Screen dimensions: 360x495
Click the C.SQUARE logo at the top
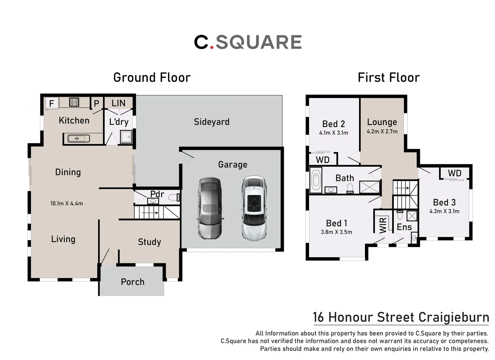(248, 42)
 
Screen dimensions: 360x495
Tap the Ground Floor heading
(152, 78)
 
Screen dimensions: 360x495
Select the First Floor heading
(388, 78)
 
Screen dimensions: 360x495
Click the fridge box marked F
(52, 103)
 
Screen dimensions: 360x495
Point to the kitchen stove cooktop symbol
(74, 102)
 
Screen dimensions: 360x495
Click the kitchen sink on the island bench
(78, 138)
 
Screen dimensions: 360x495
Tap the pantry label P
(96, 104)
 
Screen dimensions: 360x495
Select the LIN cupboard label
(118, 103)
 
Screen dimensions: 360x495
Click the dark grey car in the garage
(210, 208)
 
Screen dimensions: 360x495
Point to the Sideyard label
(212, 122)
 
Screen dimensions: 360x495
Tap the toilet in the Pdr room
(174, 198)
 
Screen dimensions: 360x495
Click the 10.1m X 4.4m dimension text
(67, 203)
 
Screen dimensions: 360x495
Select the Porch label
(132, 282)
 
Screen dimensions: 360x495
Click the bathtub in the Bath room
(316, 180)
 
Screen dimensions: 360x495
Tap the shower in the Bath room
(370, 187)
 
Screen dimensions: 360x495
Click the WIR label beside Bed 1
(383, 225)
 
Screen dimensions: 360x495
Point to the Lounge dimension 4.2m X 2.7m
(382, 132)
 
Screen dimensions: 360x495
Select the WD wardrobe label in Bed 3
(454, 173)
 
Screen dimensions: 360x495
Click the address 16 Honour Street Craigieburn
(401, 317)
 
